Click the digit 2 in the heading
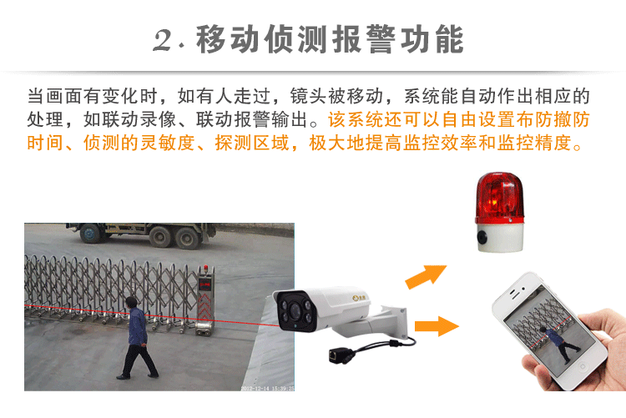(164, 40)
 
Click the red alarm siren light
(499, 198)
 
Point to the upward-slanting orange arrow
(425, 276)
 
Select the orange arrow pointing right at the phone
(437, 326)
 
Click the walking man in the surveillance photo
(138, 337)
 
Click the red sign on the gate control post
(204, 285)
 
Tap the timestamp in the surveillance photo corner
(267, 388)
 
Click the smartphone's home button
(582, 365)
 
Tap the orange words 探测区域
(252, 143)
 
